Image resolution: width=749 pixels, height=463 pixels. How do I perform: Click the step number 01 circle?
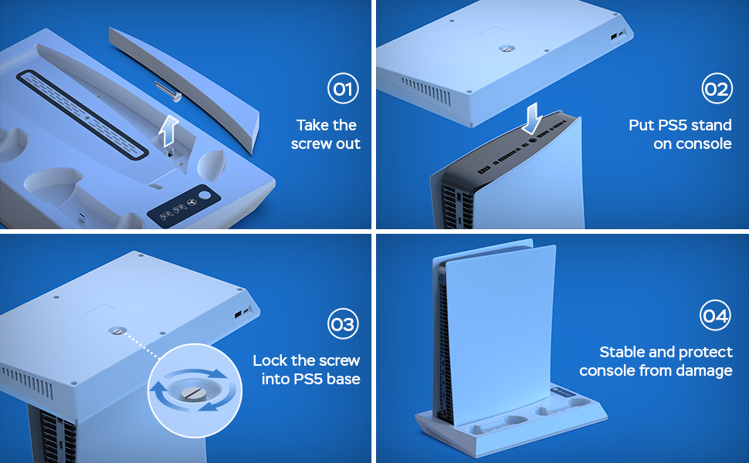coord(342,90)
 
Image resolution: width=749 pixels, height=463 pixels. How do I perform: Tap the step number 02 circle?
coord(716,90)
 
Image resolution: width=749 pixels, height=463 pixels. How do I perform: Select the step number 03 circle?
coord(342,323)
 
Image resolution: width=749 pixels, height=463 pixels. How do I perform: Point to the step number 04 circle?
coord(716,316)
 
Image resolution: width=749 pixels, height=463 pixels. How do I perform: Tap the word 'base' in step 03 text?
coord(344,379)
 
